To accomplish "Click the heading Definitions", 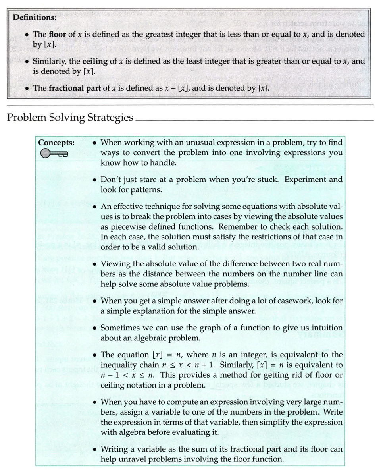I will click(x=35, y=18).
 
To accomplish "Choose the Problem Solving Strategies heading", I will click(x=70, y=118).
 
